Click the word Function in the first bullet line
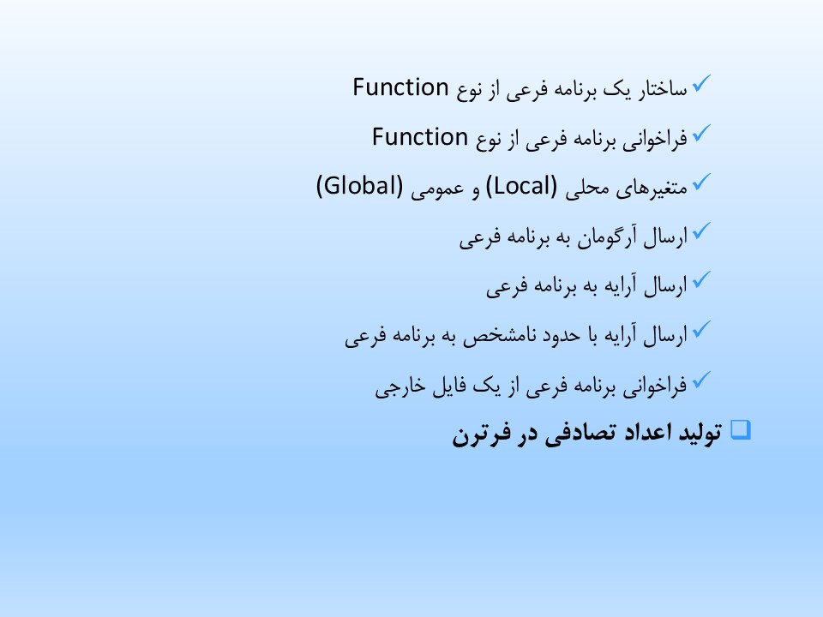(x=400, y=87)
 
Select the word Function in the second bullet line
(x=420, y=137)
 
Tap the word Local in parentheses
(x=521, y=186)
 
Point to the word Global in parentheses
(x=359, y=186)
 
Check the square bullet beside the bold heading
(x=741, y=429)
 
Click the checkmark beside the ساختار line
(x=701, y=83)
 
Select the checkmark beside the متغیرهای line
(x=701, y=182)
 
